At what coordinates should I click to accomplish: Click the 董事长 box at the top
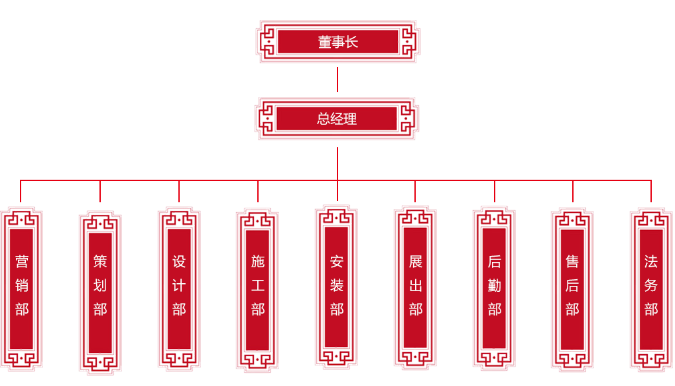(x=337, y=42)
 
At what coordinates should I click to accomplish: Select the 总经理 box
(x=337, y=119)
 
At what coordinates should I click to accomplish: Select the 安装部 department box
(x=336, y=287)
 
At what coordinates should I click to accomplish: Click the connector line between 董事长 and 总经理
(x=337, y=80)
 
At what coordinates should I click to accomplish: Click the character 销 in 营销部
(x=22, y=286)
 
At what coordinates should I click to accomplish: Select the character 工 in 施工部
(x=257, y=286)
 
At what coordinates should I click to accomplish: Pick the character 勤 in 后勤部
(x=494, y=286)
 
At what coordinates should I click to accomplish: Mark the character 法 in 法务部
(x=650, y=261)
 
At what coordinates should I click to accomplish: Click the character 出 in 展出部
(x=415, y=286)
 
